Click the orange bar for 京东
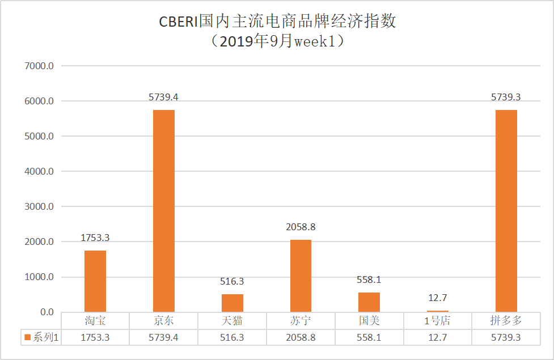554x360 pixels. click(164, 210)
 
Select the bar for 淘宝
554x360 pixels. click(95, 281)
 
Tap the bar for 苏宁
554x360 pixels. click(301, 276)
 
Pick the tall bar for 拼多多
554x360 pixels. click(506, 210)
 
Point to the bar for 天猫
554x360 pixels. click(232, 303)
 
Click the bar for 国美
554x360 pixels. click(369, 302)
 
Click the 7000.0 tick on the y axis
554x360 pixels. click(39, 66)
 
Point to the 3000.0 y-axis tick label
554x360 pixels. click(39, 206)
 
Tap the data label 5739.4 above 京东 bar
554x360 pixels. click(163, 97)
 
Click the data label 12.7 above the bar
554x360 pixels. click(437, 298)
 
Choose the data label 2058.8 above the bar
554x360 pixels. click(301, 227)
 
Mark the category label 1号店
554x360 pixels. click(437, 321)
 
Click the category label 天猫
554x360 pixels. click(232, 321)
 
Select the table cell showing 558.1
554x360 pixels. click(369, 337)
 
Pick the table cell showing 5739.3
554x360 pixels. click(506, 337)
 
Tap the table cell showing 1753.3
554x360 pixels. click(95, 337)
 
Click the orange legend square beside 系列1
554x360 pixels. click(27, 337)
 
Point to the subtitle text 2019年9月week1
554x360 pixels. click(277, 41)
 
